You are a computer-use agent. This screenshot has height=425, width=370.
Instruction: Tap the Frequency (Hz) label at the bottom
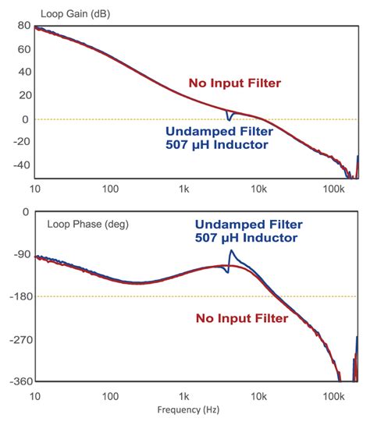[x=185, y=408]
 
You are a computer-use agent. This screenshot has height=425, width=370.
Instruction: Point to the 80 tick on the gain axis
[x=22, y=26]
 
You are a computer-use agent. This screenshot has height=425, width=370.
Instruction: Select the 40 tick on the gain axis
[x=22, y=73]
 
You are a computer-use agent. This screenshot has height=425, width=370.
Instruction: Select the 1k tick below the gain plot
[x=184, y=189]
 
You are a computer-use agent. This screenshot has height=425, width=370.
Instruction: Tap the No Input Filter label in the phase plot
[x=242, y=318]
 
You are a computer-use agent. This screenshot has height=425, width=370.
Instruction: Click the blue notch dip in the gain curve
[x=229, y=120]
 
